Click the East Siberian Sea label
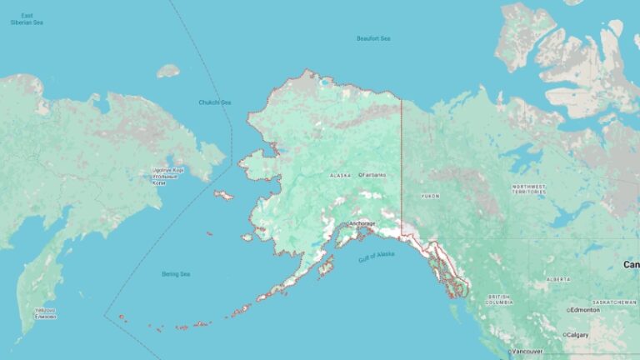(x=27, y=19)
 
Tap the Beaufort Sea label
(x=373, y=38)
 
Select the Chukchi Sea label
(x=214, y=102)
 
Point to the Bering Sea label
(x=176, y=274)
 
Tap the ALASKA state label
(x=340, y=176)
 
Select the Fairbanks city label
(x=374, y=175)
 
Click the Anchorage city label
(x=362, y=223)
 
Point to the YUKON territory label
(x=430, y=196)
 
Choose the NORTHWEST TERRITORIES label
(x=529, y=188)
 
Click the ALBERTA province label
(x=557, y=279)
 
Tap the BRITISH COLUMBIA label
(x=499, y=298)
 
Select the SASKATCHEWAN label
(x=615, y=302)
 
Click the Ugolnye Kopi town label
(x=167, y=176)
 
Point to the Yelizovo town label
(x=45, y=314)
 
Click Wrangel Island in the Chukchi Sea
(x=167, y=71)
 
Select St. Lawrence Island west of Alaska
(x=223, y=195)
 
